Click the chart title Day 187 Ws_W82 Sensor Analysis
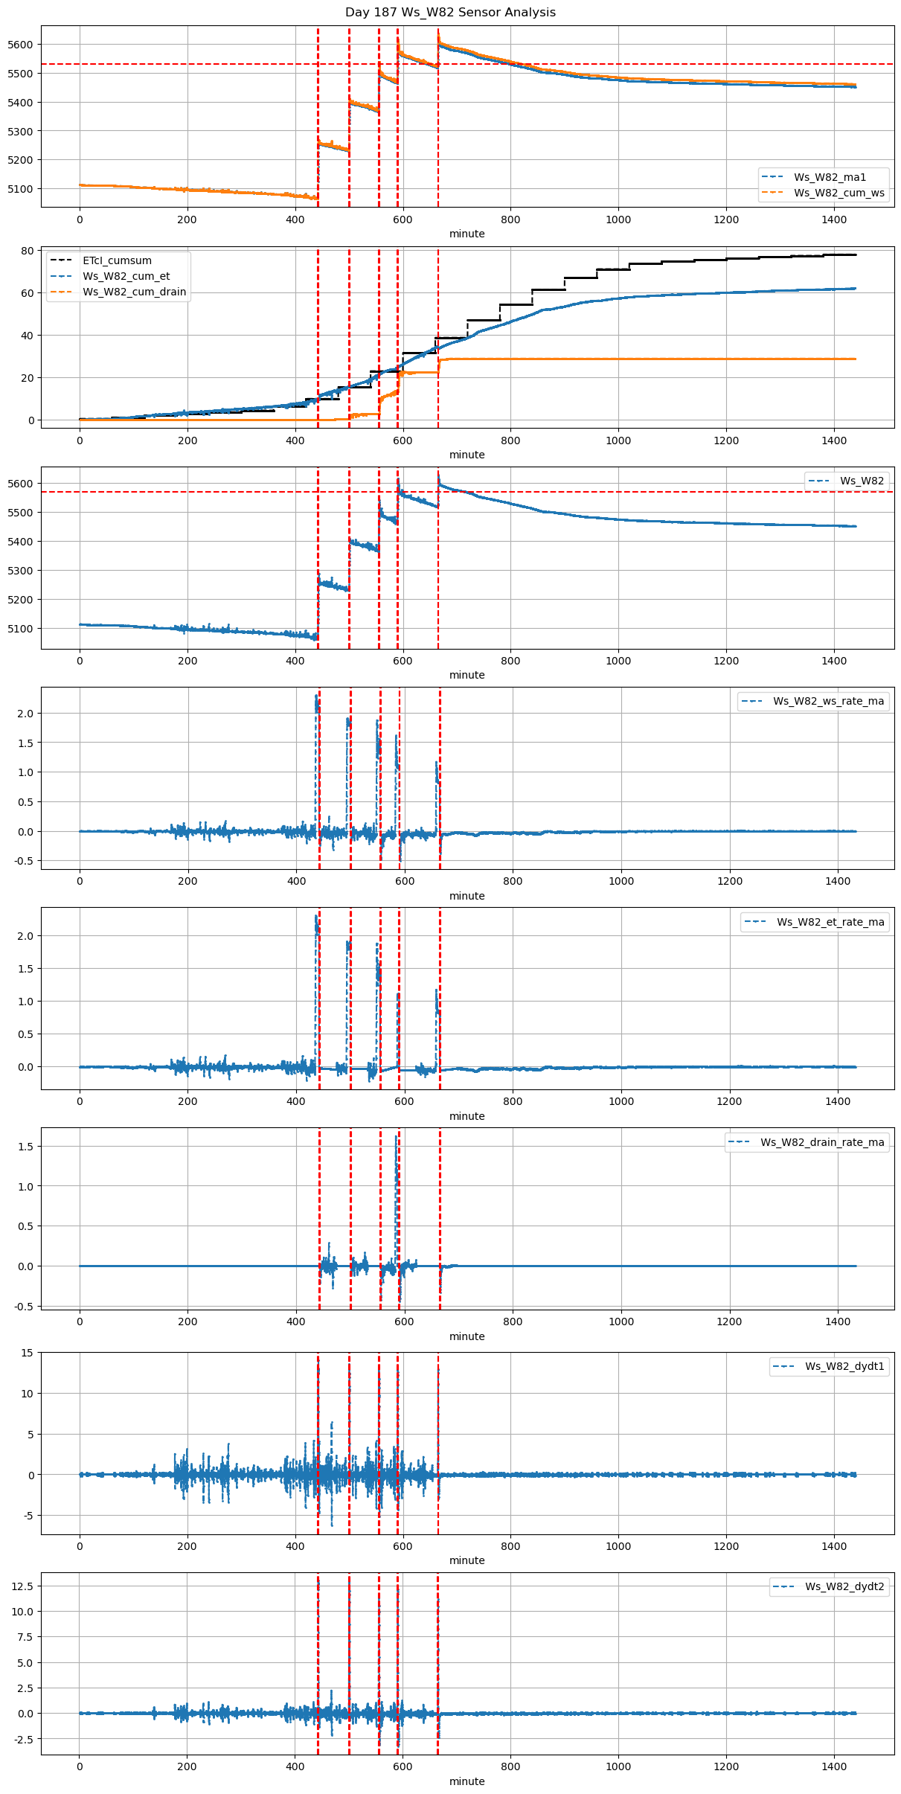pos(450,13)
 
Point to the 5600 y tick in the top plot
pos(20,45)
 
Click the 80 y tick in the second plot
pos(28,251)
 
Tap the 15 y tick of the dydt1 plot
pos(28,1353)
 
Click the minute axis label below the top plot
pos(466,234)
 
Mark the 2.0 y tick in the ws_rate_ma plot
pos(25,713)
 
